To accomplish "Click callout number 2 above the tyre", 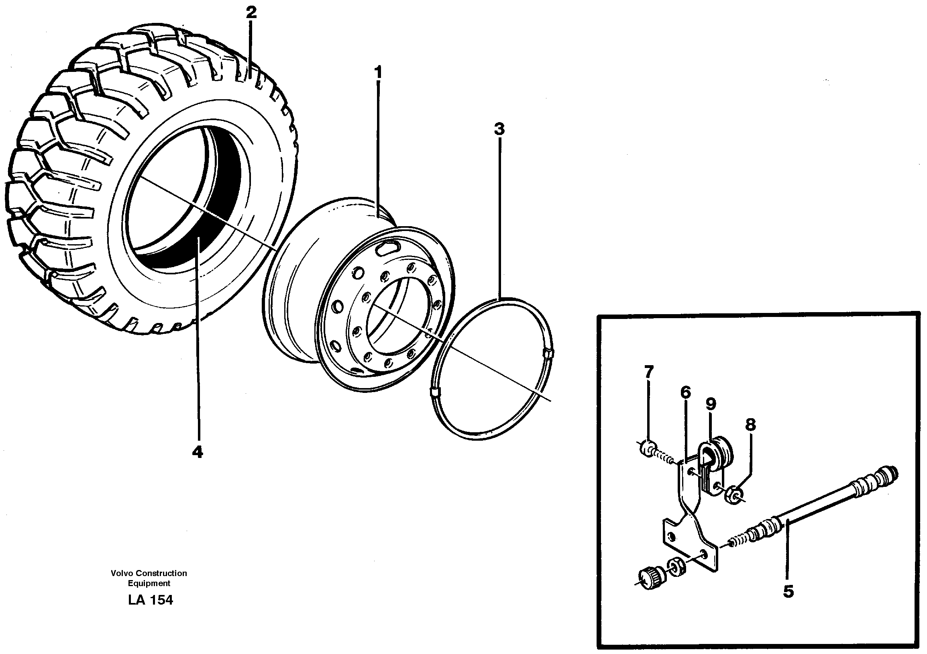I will [251, 12].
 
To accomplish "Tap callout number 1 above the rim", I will [378, 73].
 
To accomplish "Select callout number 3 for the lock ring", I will [499, 129].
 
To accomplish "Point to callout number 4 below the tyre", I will [197, 452].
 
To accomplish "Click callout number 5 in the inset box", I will [788, 592].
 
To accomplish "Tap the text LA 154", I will [150, 600].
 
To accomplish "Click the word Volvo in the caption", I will [122, 573].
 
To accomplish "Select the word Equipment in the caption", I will [149, 583].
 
